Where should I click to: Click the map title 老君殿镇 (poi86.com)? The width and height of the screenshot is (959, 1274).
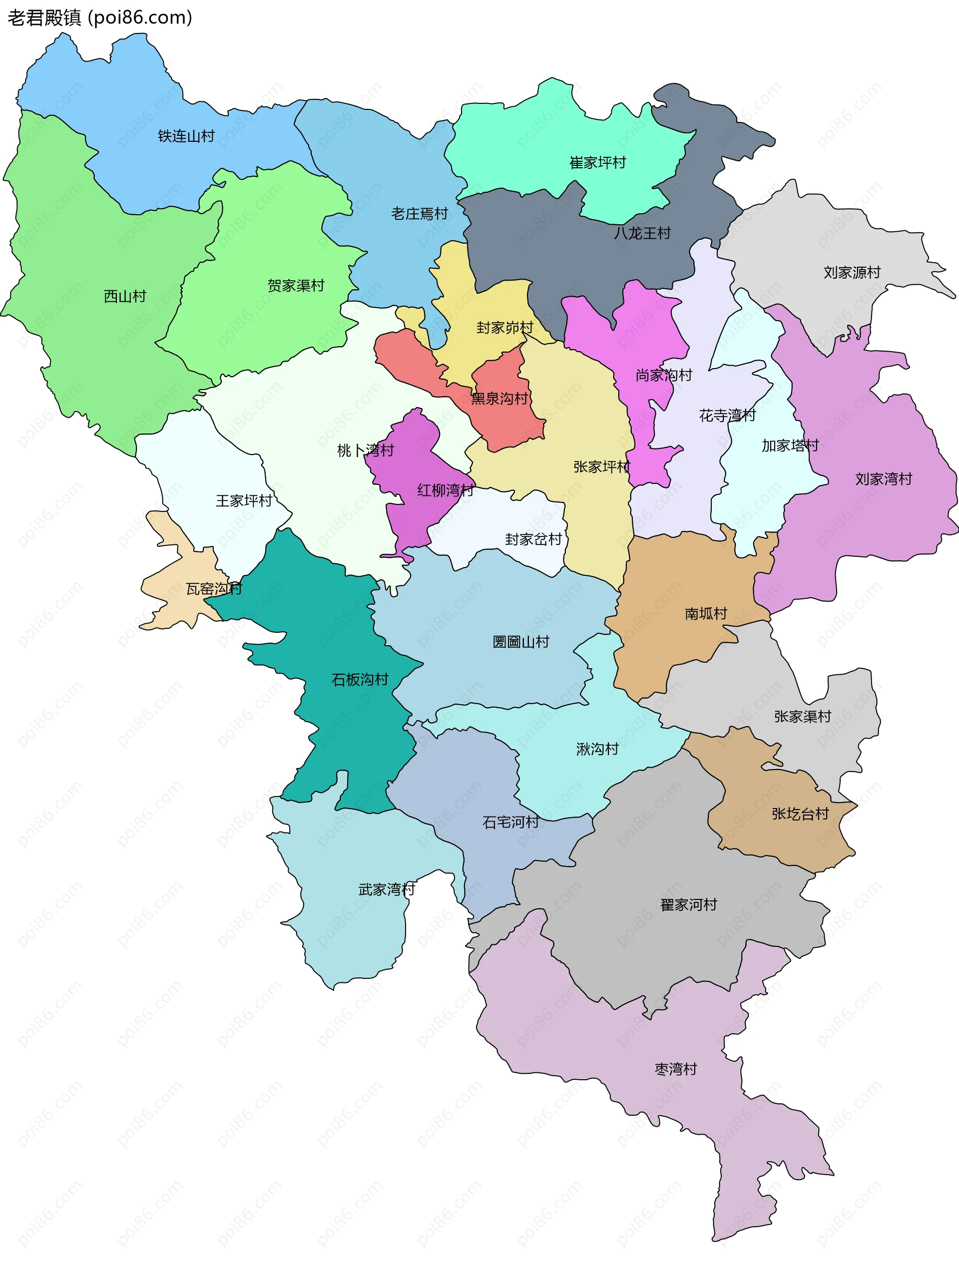[x=99, y=18]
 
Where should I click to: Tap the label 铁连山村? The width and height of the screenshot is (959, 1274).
[x=186, y=136]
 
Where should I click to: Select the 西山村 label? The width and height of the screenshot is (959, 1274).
[x=125, y=296]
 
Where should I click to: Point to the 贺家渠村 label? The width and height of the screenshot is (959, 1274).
[x=296, y=285]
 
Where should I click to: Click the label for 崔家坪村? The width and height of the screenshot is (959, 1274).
[x=597, y=162]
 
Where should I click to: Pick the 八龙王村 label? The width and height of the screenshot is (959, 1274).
[x=642, y=233]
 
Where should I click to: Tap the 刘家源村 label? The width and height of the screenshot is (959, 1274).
[x=852, y=272]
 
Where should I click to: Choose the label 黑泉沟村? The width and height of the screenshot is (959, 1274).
[x=499, y=398]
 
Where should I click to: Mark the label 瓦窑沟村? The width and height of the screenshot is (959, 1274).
[x=214, y=589]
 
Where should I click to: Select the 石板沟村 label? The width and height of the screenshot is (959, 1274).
[x=360, y=680]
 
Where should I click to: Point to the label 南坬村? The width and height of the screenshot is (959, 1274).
[x=706, y=613]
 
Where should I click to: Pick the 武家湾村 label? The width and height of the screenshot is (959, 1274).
[x=387, y=889]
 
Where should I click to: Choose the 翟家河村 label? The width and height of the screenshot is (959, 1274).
[x=688, y=904]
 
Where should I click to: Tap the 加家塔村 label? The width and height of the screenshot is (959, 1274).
[x=790, y=445]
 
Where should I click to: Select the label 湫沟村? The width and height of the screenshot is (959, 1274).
[x=597, y=749]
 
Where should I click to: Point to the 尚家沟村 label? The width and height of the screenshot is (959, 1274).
[x=663, y=375]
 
